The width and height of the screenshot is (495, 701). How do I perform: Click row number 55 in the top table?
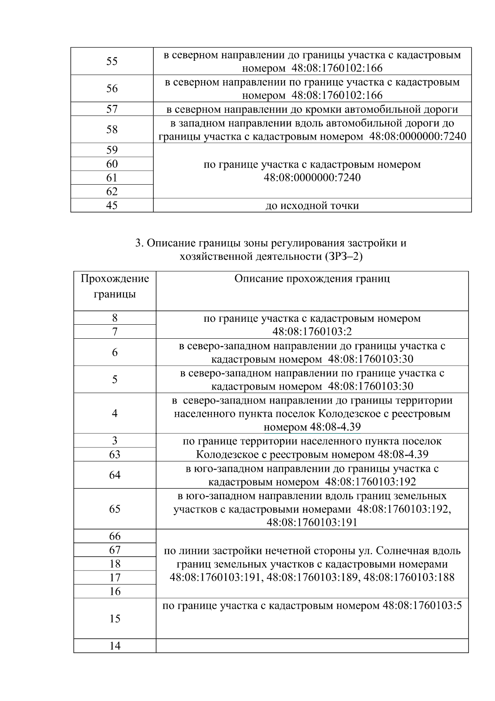[x=112, y=61]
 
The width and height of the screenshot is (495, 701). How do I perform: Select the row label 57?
[x=112, y=109]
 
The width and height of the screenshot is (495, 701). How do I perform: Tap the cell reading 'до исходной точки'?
[x=312, y=205]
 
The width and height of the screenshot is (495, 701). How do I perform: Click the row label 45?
[x=112, y=205]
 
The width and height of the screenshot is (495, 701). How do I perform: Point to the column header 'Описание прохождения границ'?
[x=312, y=278]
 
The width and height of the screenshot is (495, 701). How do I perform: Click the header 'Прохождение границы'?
[x=115, y=286]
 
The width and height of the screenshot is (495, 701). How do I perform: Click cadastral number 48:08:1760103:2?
[x=312, y=332]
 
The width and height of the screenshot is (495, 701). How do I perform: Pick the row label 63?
[x=115, y=454]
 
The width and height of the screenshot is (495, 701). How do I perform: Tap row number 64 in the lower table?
[x=115, y=475]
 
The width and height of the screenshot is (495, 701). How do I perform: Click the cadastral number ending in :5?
[x=422, y=606]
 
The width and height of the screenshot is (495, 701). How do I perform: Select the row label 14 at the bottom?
[x=115, y=646]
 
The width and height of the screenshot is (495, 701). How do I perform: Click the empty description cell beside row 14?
[x=312, y=646]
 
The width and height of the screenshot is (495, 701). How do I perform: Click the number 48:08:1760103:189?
[x=312, y=577]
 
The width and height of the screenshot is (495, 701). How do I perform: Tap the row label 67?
[x=115, y=550]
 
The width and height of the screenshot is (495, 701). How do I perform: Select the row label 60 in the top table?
[x=112, y=164]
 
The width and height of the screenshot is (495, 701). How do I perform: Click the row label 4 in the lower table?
[x=115, y=413]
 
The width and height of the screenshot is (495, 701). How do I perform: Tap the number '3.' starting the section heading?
[x=139, y=243]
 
